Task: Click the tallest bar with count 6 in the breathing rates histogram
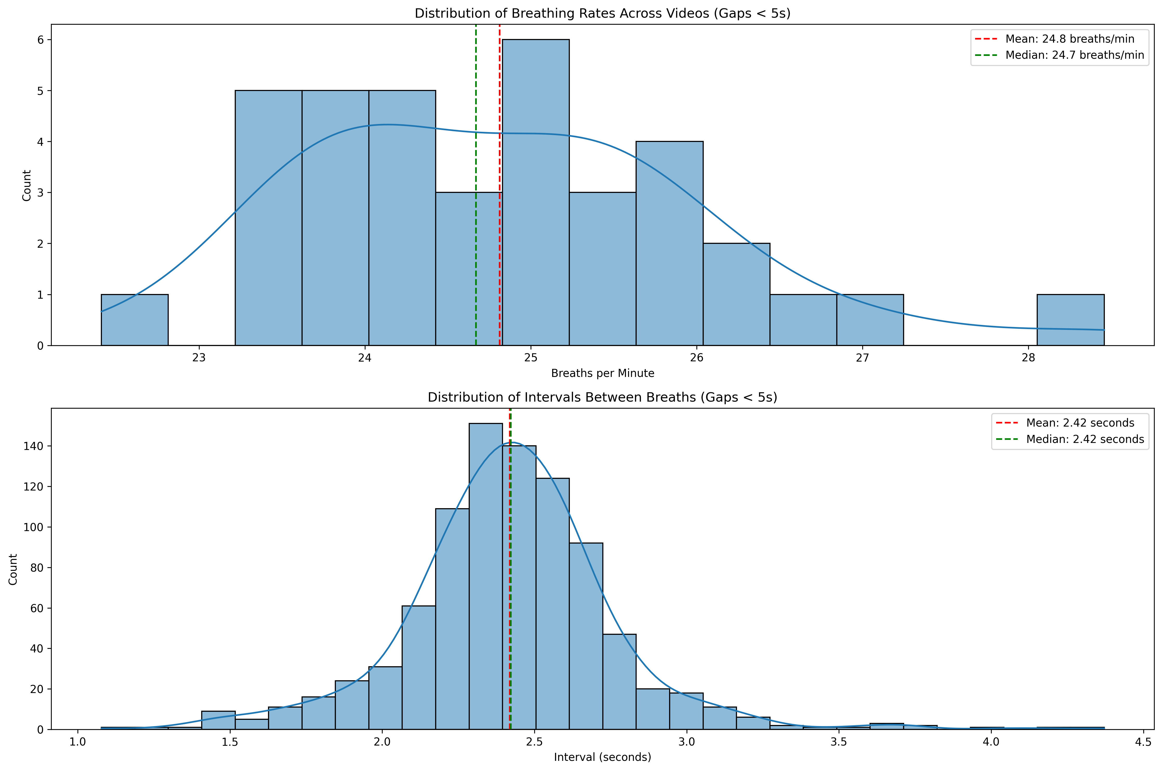tap(536, 192)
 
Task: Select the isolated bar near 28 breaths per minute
tap(1070, 320)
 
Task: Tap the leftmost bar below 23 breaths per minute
tap(134, 320)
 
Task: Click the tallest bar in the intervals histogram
tap(485, 575)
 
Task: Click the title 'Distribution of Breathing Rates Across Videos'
tap(602, 13)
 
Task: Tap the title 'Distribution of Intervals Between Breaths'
tap(602, 397)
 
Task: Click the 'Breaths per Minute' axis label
tap(602, 373)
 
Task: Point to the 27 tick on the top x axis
tap(863, 357)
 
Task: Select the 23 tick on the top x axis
tap(199, 357)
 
